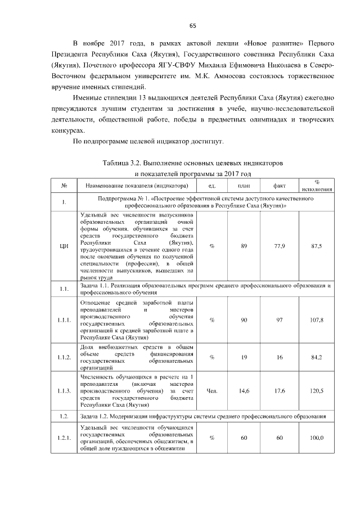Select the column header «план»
pyautogui.click(x=244, y=186)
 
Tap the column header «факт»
pyautogui.click(x=280, y=186)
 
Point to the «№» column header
pyautogui.click(x=65, y=186)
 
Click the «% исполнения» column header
pyautogui.click(x=317, y=186)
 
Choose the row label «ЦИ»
pyautogui.click(x=64, y=246)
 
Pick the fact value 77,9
pyautogui.click(x=280, y=246)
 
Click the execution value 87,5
pyautogui.click(x=317, y=246)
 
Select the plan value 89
pyautogui.click(x=244, y=246)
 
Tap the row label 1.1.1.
pyautogui.click(x=64, y=320)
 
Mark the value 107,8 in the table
pyautogui.click(x=317, y=320)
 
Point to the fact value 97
pyautogui.click(x=280, y=320)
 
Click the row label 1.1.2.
pyautogui.click(x=64, y=357)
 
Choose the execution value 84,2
pyautogui.click(x=317, y=357)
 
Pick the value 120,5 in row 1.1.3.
pyautogui.click(x=317, y=390)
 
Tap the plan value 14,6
pyautogui.click(x=244, y=390)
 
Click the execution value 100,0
pyautogui.click(x=317, y=438)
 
